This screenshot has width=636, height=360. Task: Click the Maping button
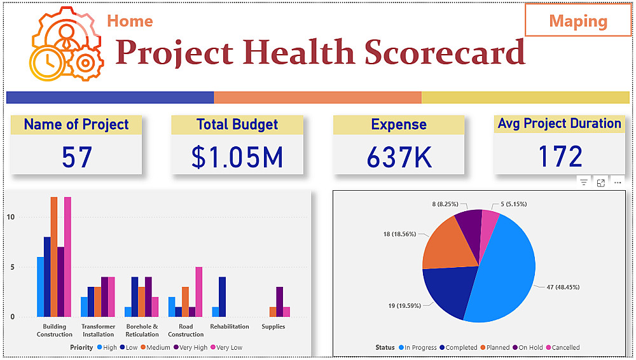tap(577, 21)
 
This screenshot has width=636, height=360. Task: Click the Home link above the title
tap(130, 21)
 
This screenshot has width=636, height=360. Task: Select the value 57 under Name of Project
tap(77, 157)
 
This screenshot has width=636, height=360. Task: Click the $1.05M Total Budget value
tap(237, 157)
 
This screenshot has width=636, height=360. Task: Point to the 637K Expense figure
tap(399, 157)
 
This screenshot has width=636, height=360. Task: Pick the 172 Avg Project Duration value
tap(560, 157)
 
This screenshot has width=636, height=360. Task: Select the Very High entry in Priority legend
tap(193, 348)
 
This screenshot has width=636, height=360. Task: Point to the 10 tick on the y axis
tap(10, 217)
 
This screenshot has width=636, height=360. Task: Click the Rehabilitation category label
tap(230, 327)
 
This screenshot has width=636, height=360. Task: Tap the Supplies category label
tap(273, 327)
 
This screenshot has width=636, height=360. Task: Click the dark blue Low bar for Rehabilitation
tap(222, 297)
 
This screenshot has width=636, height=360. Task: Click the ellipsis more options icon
tap(618, 183)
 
